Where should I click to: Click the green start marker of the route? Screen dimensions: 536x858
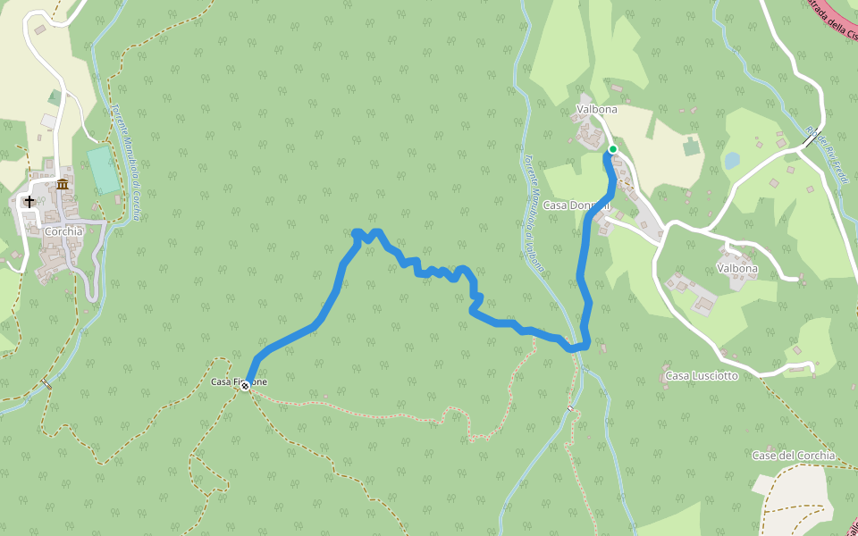coord(613,149)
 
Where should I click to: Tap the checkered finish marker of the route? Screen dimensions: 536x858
coord(245,386)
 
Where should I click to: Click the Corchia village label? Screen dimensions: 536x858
coord(63,231)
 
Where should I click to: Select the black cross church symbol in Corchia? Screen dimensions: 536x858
coord(29,202)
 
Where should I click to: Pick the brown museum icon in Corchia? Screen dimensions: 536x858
coord(63,184)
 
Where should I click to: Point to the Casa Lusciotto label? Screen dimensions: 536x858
coord(702,376)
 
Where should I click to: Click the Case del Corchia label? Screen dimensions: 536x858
coord(793,456)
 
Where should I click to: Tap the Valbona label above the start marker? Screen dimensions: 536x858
coord(596,110)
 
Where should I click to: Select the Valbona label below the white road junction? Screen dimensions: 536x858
coord(736,268)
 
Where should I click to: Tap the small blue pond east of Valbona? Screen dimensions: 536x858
coord(732,160)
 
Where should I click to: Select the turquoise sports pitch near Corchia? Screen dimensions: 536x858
coord(104,170)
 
